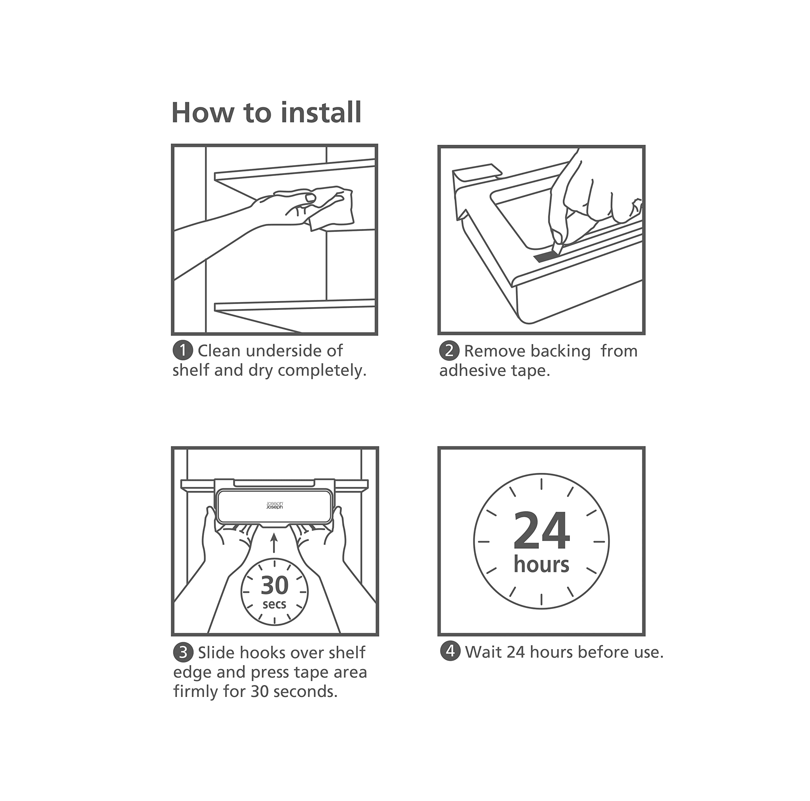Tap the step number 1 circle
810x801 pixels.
click(183, 351)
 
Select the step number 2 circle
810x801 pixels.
click(449, 351)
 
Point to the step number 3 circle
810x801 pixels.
click(183, 653)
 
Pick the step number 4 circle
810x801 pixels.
click(450, 652)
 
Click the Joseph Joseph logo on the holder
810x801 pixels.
click(275, 505)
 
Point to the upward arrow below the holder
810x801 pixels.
click(274, 543)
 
